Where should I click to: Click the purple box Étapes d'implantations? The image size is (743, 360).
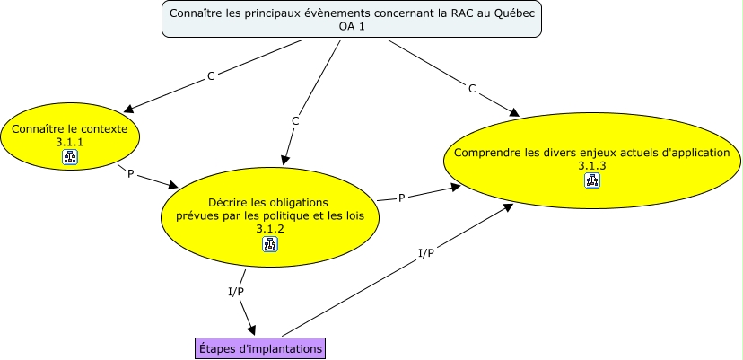[259, 347]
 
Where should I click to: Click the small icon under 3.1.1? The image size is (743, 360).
[70, 158]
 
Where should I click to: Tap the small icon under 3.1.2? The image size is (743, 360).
[270, 244]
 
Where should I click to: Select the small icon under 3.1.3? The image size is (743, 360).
[592, 180]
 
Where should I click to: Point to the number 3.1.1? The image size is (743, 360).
[69, 142]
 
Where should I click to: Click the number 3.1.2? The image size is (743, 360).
[269, 229]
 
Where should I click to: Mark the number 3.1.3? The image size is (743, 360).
[592, 166]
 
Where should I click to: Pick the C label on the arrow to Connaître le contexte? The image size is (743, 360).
[211, 76]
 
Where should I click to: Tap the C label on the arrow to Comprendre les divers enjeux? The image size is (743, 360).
[472, 88]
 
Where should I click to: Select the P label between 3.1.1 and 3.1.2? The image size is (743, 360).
[131, 173]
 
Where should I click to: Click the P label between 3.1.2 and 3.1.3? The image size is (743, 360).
[402, 197]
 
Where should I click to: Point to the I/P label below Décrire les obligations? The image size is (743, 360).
[236, 292]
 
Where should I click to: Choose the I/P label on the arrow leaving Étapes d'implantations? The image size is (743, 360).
[426, 252]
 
